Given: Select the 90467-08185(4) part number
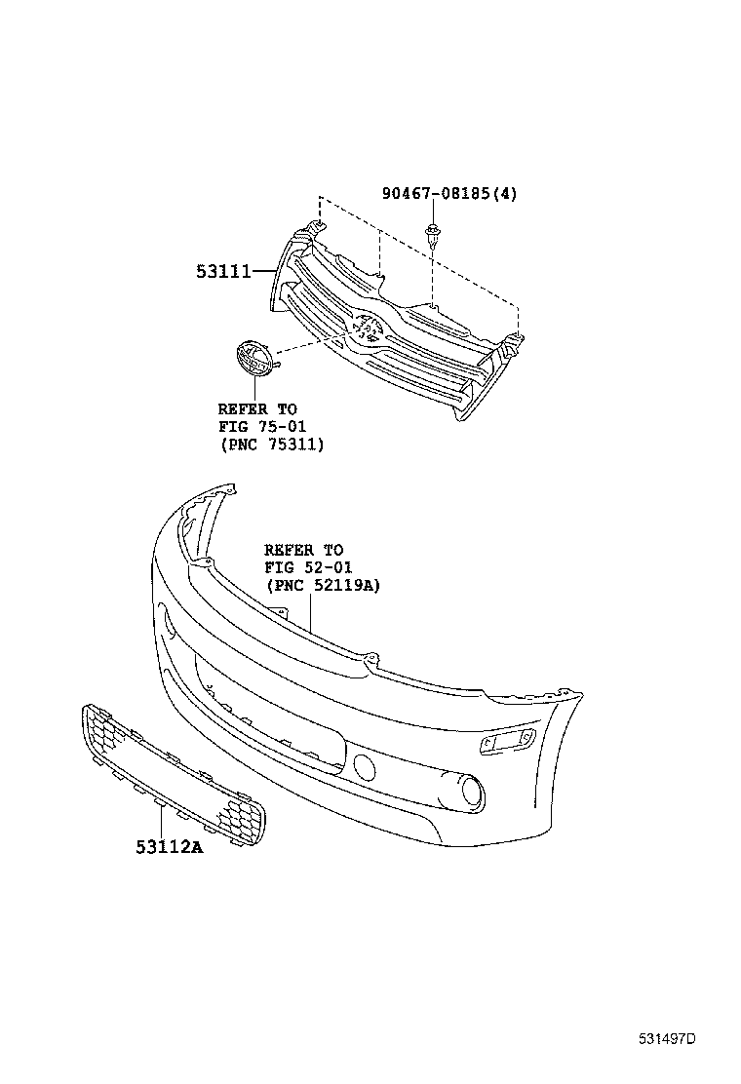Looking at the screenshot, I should (x=448, y=194).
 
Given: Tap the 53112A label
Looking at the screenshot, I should (x=169, y=847).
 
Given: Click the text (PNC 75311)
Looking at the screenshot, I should (x=271, y=445).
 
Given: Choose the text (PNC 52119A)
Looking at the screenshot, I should (x=322, y=585).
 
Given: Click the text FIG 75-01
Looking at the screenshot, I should (x=257, y=427).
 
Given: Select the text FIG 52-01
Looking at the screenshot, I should (x=308, y=567).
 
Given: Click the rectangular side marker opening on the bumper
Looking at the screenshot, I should (x=506, y=744).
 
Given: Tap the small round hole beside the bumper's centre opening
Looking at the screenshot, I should (x=365, y=766).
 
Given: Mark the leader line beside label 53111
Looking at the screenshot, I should (x=263, y=273).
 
